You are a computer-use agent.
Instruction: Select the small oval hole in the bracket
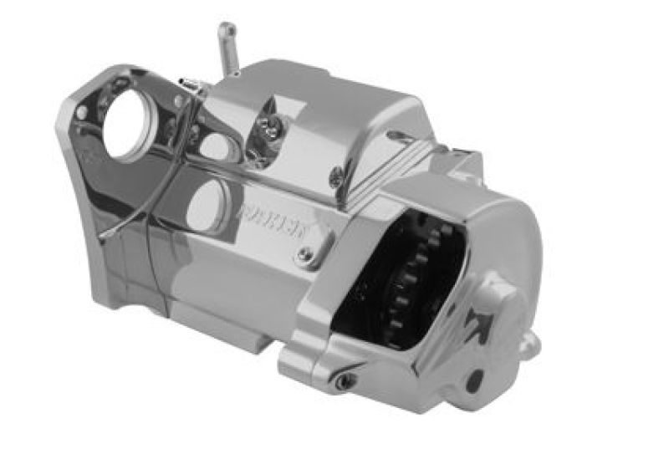(x=215, y=146)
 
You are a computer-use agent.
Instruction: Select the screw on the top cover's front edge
(x=336, y=176)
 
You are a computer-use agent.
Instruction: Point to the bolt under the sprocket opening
(x=343, y=380)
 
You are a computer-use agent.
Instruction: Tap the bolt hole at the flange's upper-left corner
(x=82, y=111)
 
